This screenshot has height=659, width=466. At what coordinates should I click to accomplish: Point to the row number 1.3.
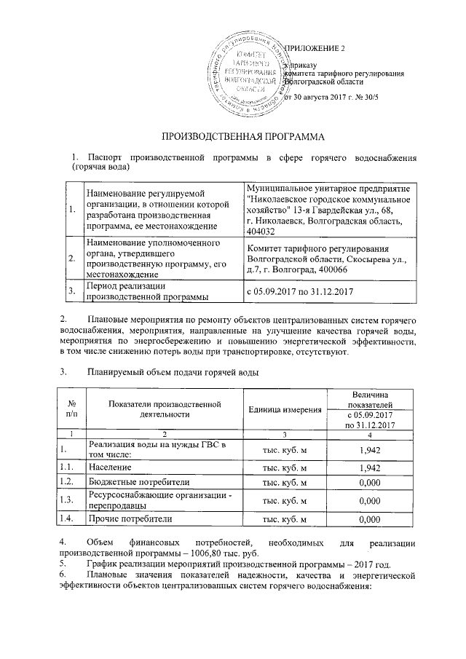[67, 501]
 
